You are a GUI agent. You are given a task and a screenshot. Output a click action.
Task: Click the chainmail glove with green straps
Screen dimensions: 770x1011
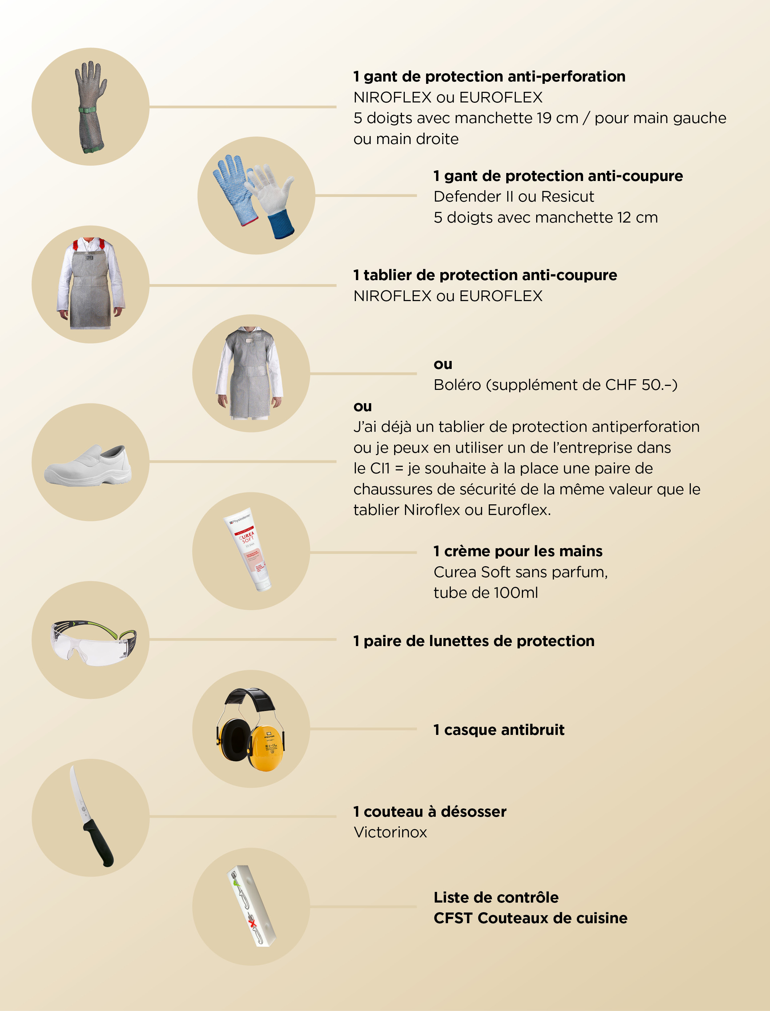click(x=91, y=106)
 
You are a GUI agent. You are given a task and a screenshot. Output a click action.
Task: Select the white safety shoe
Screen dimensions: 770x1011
click(x=88, y=465)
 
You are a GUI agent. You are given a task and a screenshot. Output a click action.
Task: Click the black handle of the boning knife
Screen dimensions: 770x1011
click(x=98, y=842)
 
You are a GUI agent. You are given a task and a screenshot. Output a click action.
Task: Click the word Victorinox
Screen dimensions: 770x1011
click(x=390, y=832)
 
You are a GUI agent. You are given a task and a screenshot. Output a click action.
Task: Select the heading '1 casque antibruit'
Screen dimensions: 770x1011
click(x=499, y=730)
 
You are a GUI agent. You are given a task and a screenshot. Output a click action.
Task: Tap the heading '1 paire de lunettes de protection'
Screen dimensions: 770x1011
click(x=474, y=641)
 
